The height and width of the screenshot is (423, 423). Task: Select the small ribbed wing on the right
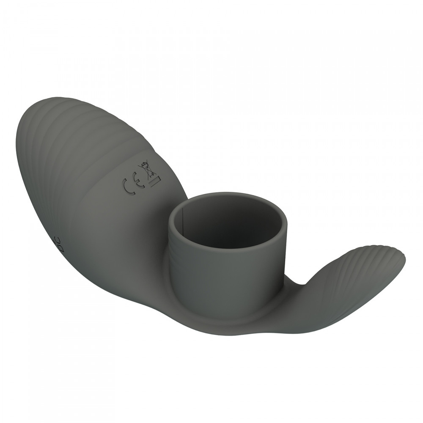point(360,271)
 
